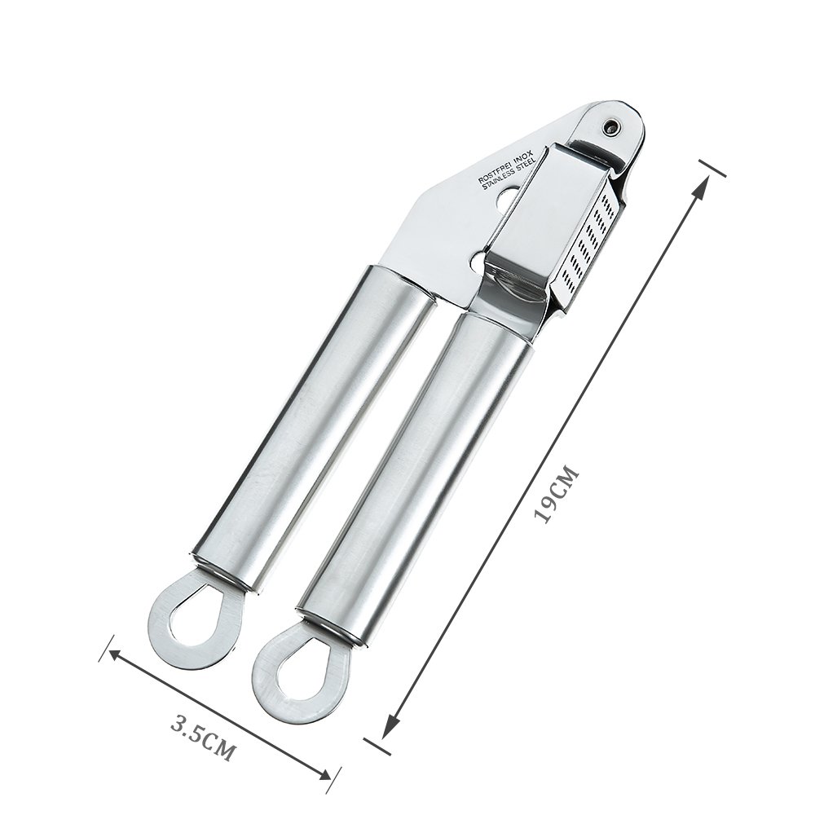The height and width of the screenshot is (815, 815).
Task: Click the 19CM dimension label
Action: tap(555, 494)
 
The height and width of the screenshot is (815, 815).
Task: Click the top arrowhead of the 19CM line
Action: tap(698, 183)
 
